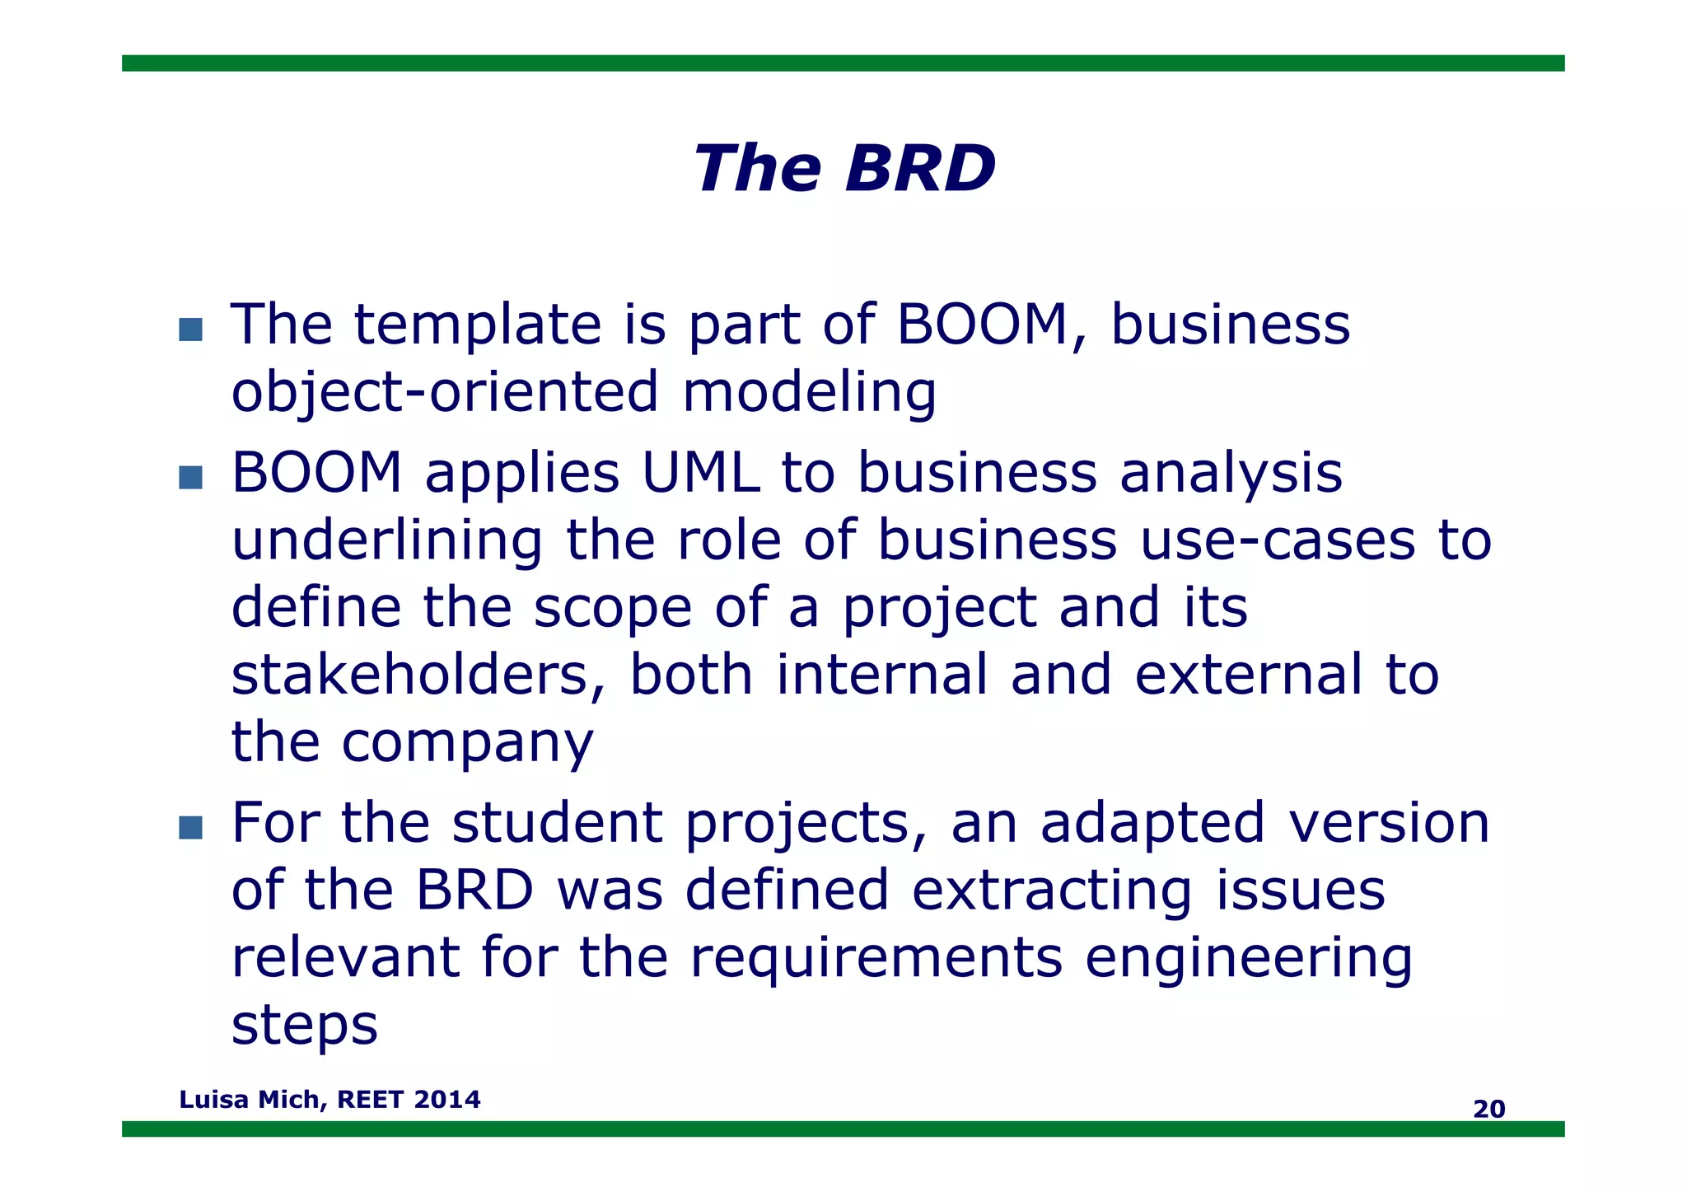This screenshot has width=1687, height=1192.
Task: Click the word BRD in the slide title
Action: [920, 169]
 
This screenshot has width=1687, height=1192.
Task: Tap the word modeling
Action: [809, 392]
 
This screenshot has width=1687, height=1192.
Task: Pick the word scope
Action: [612, 609]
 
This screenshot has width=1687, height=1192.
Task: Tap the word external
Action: [1248, 675]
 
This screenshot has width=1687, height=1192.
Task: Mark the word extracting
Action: [1052, 890]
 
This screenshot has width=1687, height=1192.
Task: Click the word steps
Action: [304, 1026]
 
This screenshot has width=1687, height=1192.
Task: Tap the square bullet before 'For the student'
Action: [190, 828]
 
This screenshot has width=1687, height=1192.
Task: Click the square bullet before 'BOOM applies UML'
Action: [190, 478]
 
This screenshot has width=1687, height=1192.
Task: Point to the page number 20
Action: [1488, 1110]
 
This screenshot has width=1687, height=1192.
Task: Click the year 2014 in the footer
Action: [447, 1100]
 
